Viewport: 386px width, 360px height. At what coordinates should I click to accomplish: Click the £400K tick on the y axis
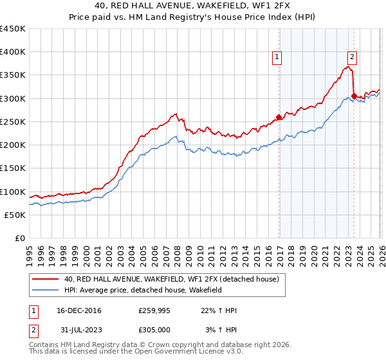(13, 52)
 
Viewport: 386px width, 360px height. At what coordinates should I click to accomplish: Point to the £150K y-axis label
(13, 168)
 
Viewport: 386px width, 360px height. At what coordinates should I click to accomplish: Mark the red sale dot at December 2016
(279, 117)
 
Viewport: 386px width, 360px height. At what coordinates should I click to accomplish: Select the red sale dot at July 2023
(354, 96)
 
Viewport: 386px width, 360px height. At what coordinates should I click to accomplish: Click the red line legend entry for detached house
(171, 279)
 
